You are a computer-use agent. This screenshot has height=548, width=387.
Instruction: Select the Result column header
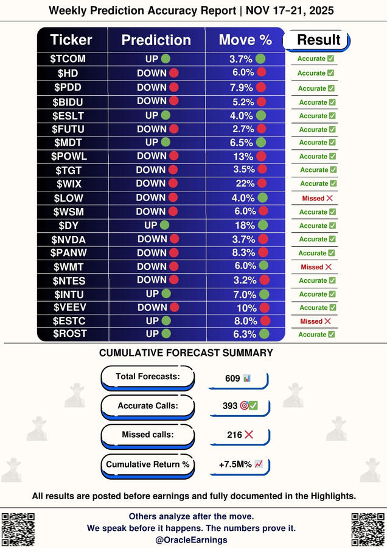click(318, 40)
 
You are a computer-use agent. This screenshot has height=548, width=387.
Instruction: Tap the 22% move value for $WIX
click(245, 183)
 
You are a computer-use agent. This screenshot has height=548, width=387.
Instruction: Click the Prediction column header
click(156, 40)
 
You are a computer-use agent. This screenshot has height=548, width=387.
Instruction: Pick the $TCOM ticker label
click(71, 59)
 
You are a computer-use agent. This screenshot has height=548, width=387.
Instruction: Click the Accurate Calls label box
click(147, 406)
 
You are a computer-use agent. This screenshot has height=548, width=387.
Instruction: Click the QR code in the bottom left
click(18, 528)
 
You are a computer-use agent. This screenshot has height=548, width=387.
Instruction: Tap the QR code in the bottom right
click(368, 528)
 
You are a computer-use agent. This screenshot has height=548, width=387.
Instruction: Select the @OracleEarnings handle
click(191, 539)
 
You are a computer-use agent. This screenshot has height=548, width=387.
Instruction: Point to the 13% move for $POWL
click(245, 156)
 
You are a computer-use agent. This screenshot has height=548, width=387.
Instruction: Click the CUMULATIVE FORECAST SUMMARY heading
click(186, 353)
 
